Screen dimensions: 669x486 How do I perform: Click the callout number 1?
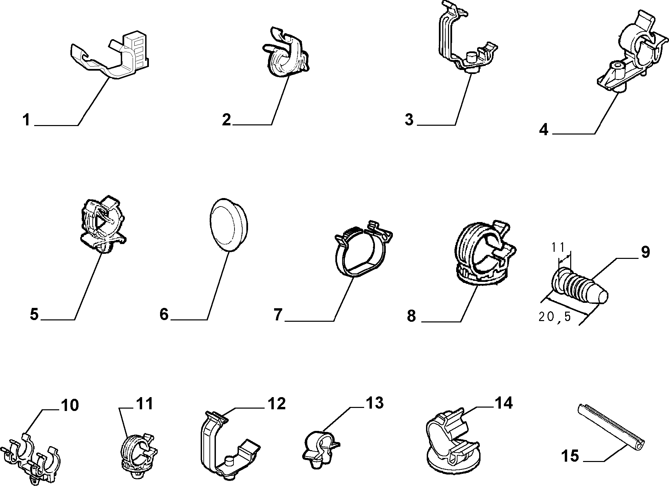point(26,120)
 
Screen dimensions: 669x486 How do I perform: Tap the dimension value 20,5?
point(555,317)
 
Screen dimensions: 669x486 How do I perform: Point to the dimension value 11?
point(558,247)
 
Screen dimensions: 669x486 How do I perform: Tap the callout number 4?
point(543,129)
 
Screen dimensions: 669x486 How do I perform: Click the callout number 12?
point(276,404)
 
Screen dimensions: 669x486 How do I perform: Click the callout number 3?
point(409,120)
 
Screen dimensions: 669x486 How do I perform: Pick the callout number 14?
point(504,403)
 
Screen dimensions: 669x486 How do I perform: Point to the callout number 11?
point(144,404)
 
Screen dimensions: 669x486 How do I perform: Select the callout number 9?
point(646,252)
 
